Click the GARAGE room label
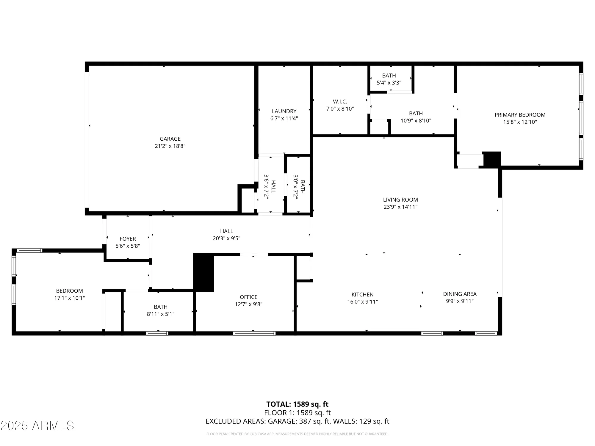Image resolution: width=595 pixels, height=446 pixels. click(x=170, y=139)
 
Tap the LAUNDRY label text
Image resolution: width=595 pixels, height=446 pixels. click(x=284, y=111)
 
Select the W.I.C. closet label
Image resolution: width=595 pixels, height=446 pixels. click(x=340, y=102)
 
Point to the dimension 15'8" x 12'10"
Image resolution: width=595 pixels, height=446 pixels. click(x=520, y=122)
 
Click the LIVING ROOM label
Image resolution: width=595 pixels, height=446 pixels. click(x=400, y=200)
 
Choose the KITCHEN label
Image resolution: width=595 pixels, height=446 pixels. click(x=362, y=294)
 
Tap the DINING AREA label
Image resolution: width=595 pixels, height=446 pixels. click(x=460, y=294)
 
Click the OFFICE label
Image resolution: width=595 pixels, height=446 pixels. click(x=248, y=297)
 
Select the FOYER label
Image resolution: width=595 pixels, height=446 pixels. click(x=128, y=239)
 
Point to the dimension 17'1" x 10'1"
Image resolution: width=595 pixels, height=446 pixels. click(x=69, y=298)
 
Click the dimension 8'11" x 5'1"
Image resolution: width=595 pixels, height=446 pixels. click(x=161, y=314)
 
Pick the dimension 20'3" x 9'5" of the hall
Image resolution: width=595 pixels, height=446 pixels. click(x=226, y=238)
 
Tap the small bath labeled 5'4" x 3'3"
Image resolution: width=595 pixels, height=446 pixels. click(x=389, y=79)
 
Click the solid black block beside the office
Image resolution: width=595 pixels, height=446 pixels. click(x=203, y=272)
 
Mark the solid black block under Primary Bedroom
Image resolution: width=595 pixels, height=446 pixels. click(x=492, y=159)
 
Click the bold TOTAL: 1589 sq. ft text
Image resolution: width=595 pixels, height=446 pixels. click(x=297, y=404)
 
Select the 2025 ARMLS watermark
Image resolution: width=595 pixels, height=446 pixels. click(x=37, y=425)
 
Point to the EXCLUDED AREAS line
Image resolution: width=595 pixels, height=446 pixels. click(x=297, y=421)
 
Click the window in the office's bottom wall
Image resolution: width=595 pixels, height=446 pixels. click(x=254, y=333)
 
